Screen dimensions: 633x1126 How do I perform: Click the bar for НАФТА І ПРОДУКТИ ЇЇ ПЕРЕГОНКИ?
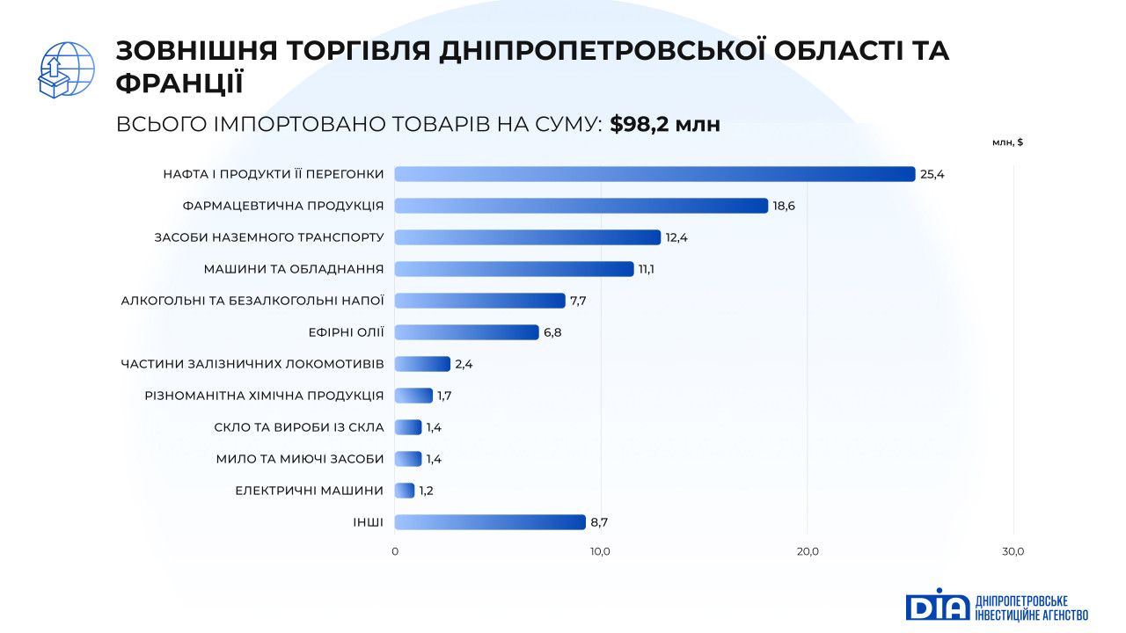tap(654, 174)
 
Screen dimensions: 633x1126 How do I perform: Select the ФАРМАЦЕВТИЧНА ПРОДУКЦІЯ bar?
tap(581, 206)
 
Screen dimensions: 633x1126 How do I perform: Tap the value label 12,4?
tap(677, 237)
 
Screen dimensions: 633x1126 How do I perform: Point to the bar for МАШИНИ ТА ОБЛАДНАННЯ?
tap(514, 269)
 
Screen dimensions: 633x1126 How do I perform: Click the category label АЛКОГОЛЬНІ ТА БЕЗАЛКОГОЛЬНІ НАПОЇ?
tap(252, 301)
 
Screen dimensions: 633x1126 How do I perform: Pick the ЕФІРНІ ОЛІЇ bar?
tap(466, 332)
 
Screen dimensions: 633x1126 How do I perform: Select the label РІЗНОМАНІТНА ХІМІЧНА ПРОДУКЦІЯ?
tap(264, 396)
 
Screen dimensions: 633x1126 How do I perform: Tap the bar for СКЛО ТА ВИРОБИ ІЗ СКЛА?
tap(408, 427)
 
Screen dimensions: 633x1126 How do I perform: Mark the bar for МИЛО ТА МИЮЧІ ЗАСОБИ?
tap(408, 459)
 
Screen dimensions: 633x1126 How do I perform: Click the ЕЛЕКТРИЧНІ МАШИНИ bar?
tap(405, 491)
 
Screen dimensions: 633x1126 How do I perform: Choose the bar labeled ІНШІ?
tap(490, 522)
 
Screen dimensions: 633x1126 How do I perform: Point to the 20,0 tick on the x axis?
tap(808, 551)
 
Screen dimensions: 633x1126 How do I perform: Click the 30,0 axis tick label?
tap(1013, 551)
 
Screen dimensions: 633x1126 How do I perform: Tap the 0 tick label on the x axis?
tap(394, 551)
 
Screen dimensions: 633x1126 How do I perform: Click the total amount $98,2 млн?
tap(665, 125)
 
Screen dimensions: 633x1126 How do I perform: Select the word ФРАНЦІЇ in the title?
tap(179, 83)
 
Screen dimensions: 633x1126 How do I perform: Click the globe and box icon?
tap(66, 69)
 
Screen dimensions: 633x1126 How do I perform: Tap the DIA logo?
tap(938, 605)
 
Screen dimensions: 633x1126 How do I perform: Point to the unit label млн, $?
tap(1007, 142)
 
